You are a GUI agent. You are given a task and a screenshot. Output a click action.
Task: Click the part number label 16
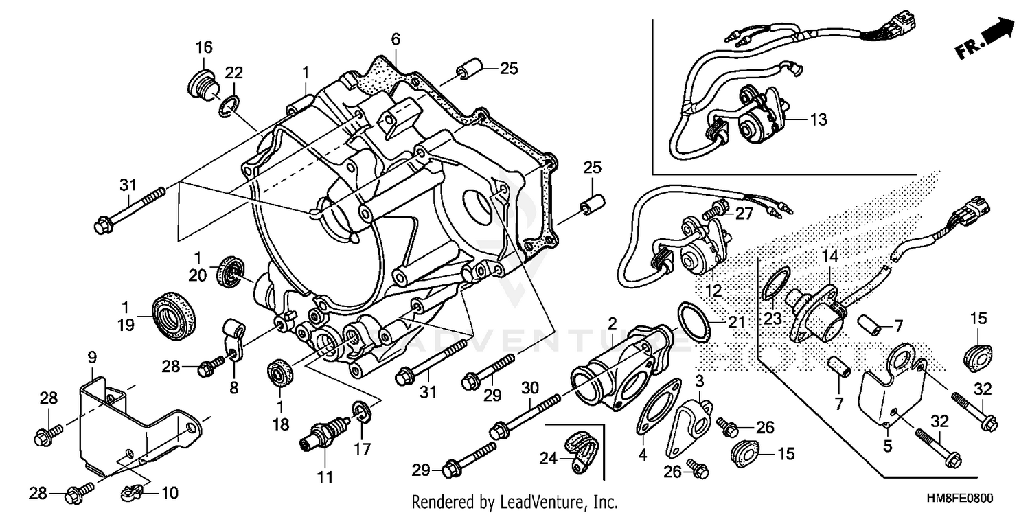pos(203,47)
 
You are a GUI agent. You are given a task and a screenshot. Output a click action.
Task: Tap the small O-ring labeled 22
pos(230,105)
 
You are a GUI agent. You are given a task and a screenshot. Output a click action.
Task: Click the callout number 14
pos(831,255)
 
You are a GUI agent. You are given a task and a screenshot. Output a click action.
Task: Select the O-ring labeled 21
pos(694,320)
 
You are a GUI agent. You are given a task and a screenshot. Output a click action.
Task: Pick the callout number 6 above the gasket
pos(396,41)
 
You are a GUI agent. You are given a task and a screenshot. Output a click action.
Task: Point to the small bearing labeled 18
pos(279,376)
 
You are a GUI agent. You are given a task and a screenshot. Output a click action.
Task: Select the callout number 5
pos(887,447)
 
